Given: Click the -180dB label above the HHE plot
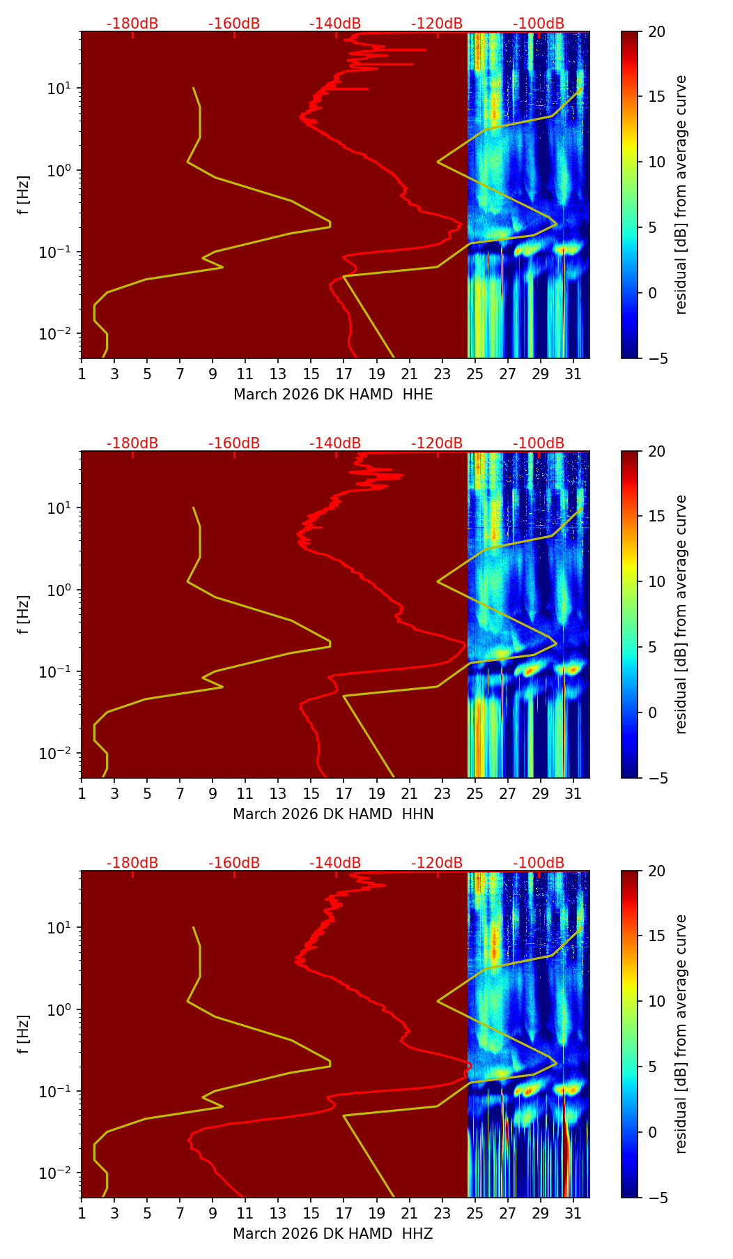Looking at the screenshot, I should click(132, 24).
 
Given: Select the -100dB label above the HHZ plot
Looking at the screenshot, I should click(539, 863).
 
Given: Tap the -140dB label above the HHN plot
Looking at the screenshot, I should click(335, 443).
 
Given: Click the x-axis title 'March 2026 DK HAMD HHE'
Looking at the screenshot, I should click(333, 395).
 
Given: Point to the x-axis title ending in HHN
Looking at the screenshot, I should click(333, 814).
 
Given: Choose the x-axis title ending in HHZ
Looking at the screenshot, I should click(333, 1234).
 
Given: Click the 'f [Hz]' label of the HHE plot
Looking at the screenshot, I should click(24, 195).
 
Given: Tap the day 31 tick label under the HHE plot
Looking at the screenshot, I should click(573, 374).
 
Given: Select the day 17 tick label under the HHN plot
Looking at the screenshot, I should click(344, 793).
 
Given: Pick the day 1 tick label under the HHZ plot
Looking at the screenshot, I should click(82, 1213).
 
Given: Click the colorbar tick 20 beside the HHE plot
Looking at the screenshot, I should click(657, 31).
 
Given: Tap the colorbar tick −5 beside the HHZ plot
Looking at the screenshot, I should click(657, 1198).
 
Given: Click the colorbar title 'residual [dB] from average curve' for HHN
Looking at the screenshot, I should click(681, 614).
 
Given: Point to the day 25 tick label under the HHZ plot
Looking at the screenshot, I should click(475, 1213).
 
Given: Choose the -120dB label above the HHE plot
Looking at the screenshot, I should click(437, 24).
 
